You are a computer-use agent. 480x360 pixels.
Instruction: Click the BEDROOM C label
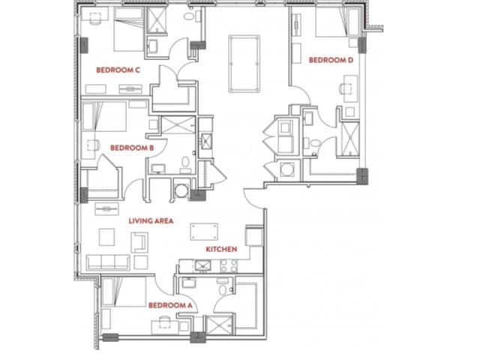pos(118,69)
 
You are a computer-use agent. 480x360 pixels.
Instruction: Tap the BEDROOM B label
pos(132,148)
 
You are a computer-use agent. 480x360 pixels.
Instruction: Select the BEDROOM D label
pos(330,59)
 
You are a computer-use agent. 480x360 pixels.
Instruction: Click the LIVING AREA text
pos(151,220)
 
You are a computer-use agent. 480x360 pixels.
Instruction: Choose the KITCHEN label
pos(222,248)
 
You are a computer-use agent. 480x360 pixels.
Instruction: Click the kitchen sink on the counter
pos(200,265)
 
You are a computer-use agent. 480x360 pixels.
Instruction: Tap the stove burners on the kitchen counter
pos(226,265)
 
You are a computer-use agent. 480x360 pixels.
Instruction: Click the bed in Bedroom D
pos(331,27)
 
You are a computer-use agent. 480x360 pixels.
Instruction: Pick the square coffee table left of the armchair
pos(107,237)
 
